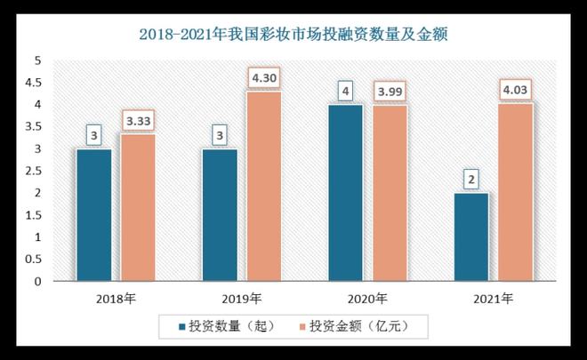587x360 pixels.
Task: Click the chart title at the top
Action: click(293, 35)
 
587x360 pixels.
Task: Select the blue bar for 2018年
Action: click(93, 214)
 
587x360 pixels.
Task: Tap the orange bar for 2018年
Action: click(138, 207)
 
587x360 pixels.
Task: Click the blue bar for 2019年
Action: click(220, 214)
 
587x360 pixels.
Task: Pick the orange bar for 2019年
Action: click(263, 186)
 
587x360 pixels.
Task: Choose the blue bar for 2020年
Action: click(345, 192)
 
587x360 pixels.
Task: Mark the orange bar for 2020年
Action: click(390, 193)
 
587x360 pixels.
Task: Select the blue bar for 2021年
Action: click(471, 236)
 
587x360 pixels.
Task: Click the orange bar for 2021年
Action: click(516, 192)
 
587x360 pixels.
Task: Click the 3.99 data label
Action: click(390, 92)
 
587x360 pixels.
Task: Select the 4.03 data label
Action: click(516, 91)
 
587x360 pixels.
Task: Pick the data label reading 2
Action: click(471, 180)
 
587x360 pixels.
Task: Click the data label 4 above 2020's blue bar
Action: click(345, 92)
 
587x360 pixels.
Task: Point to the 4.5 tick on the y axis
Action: click(34, 83)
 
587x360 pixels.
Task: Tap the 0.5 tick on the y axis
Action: click(34, 260)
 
